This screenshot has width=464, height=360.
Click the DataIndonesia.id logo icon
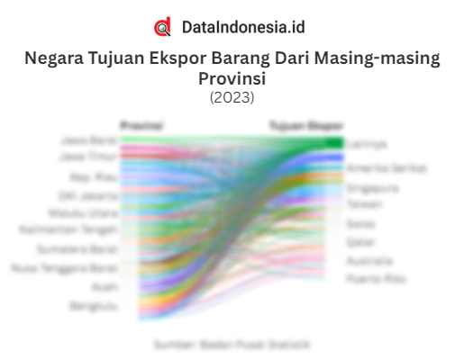(x=162, y=27)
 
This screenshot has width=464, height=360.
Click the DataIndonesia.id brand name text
(x=242, y=27)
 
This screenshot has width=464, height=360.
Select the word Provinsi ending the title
(x=232, y=78)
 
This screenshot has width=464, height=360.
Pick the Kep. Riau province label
(x=95, y=177)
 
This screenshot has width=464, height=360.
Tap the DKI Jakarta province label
(x=88, y=195)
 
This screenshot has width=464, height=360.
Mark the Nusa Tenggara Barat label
(x=64, y=268)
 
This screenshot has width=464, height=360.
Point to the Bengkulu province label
(x=94, y=306)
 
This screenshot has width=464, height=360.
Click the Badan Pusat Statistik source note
(x=232, y=344)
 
